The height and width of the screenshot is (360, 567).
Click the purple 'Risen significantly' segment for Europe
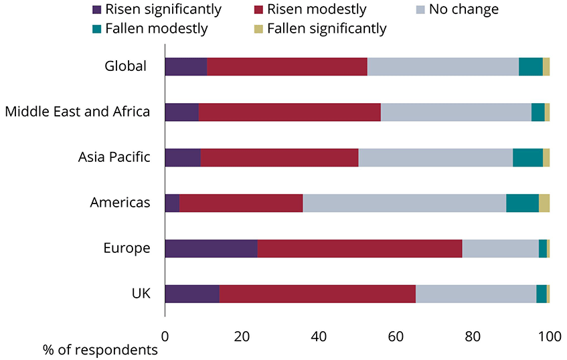[x=211, y=248]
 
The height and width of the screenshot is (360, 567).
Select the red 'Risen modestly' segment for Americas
[x=241, y=203]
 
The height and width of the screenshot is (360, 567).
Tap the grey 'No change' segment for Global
[x=443, y=67]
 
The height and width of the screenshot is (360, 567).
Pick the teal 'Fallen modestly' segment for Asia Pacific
[x=528, y=157]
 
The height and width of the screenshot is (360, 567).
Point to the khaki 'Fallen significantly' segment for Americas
[x=544, y=203]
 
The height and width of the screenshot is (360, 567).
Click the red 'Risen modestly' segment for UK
[x=317, y=294]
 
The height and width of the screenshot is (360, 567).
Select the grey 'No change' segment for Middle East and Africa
[x=456, y=112]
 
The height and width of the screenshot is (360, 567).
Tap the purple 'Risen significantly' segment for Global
[x=185, y=67]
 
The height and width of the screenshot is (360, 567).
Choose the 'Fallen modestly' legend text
[x=156, y=29]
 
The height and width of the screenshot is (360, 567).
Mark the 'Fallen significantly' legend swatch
[x=258, y=29]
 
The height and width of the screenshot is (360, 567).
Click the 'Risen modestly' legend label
[x=317, y=10]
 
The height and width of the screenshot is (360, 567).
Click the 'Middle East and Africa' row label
[x=77, y=112]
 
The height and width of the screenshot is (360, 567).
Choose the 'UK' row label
[x=141, y=294]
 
